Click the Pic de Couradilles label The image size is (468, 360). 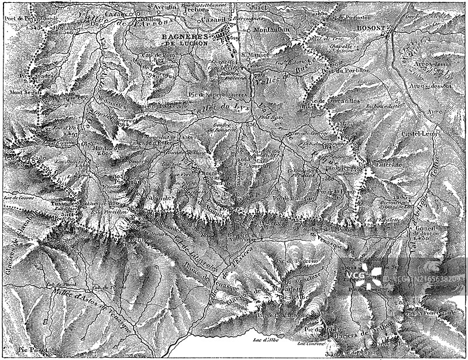[x=331, y=101]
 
